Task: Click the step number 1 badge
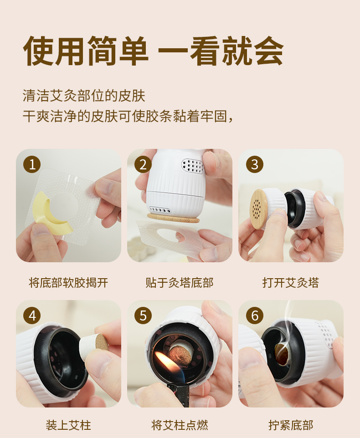pyautogui.click(x=32, y=164)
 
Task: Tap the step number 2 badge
pyautogui.click(x=143, y=164)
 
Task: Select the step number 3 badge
pyautogui.click(x=255, y=164)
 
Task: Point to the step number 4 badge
pyautogui.click(x=32, y=316)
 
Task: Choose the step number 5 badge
pyautogui.click(x=143, y=316)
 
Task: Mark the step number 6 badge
pyautogui.click(x=255, y=316)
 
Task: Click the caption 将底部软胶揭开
pyautogui.click(x=68, y=283)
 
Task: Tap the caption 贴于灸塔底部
pyautogui.click(x=180, y=283)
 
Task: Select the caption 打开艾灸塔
pyautogui.click(x=291, y=283)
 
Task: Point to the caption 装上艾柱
pyautogui.click(x=68, y=425)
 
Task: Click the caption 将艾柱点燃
pyautogui.click(x=180, y=425)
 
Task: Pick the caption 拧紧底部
pyautogui.click(x=291, y=425)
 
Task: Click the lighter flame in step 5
pyautogui.click(x=166, y=365)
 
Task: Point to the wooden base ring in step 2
pyautogui.click(x=173, y=218)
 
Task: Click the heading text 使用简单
pyautogui.click(x=86, y=51)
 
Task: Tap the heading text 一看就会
pyautogui.click(x=221, y=51)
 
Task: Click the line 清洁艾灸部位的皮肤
pyautogui.click(x=84, y=96)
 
